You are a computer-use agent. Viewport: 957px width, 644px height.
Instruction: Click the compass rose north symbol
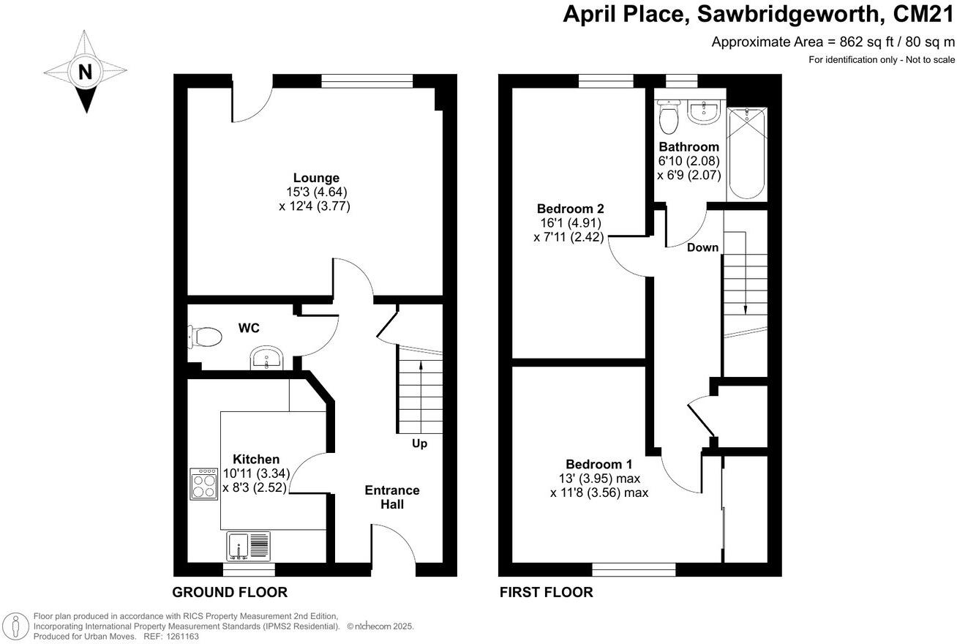[x=86, y=72]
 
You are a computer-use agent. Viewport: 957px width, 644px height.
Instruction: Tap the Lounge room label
[x=316, y=178]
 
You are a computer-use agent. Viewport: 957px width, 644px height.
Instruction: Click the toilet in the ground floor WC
[x=204, y=337]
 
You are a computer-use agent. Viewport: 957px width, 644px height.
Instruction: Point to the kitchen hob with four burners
[x=204, y=484]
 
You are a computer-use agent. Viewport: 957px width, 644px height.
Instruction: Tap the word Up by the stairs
[x=420, y=443]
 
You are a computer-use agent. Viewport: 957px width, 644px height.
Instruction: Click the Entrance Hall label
[x=392, y=497]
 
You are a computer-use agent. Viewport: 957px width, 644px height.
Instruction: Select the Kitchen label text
[x=256, y=459]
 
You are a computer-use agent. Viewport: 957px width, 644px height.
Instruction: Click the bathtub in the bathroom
[x=746, y=153]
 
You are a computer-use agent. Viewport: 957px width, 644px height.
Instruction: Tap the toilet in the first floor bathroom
[x=669, y=116]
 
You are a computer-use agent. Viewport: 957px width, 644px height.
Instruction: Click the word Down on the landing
[x=702, y=247]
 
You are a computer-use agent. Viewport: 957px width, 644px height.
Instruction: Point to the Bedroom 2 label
[x=570, y=208]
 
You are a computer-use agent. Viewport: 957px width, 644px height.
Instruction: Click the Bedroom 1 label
[x=599, y=464]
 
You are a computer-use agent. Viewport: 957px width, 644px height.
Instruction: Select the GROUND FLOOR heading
[x=230, y=592]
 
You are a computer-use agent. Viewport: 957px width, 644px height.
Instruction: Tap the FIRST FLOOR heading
[x=546, y=592]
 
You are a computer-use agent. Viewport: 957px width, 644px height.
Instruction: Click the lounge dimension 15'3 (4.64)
[x=316, y=192]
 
